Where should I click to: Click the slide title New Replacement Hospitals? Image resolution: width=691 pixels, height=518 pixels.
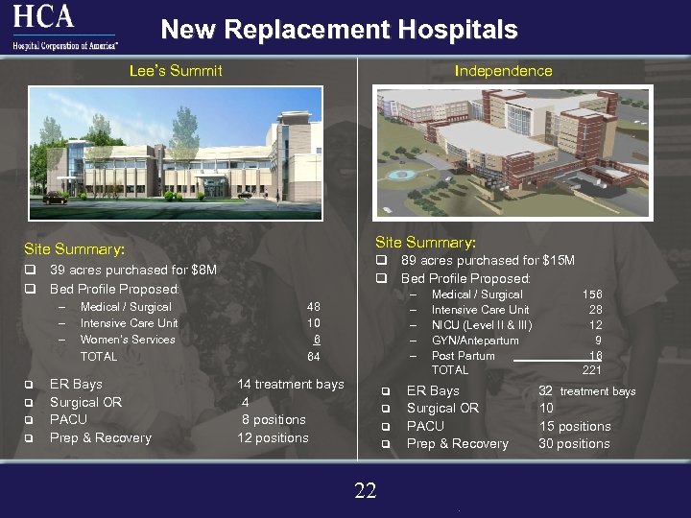point(339,30)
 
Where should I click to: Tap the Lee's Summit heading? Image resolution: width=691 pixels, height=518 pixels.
point(176,70)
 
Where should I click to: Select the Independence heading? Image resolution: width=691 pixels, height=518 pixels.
point(503,70)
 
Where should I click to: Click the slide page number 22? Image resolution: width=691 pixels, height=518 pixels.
point(365,491)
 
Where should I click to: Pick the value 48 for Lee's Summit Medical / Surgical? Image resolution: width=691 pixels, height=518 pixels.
point(313,307)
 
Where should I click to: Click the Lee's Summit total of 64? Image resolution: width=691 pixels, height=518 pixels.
point(313,357)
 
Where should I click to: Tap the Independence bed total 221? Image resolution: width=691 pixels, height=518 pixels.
point(592,370)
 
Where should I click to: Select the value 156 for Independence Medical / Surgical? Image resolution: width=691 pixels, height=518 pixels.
point(592,294)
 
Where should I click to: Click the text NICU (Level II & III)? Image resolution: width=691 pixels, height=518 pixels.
point(481,325)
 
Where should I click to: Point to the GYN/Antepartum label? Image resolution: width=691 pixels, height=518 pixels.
point(475,341)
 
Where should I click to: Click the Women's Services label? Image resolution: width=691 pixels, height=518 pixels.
point(128,340)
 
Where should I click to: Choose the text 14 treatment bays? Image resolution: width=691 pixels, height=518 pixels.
point(290,384)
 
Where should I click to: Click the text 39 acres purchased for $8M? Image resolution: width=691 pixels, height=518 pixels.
point(132,271)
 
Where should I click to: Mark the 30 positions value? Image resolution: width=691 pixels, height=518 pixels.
point(574,443)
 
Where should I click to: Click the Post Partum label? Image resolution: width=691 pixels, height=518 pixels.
point(463,356)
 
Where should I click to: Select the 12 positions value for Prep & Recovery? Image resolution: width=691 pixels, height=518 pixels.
point(273,437)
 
